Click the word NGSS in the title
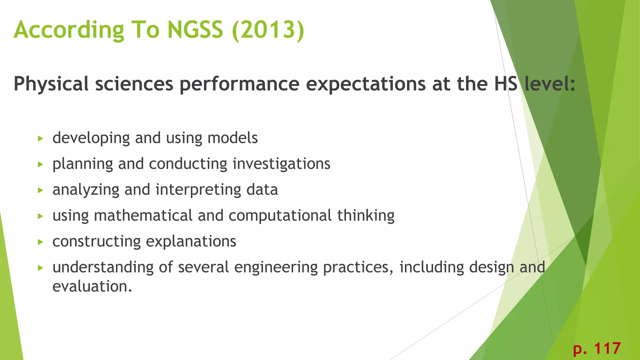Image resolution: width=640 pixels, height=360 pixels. coord(195,30)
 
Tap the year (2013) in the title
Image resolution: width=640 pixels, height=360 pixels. coord(268,30)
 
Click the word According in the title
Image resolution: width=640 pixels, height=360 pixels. coord(69,30)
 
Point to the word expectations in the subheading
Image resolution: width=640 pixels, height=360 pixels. coord(365,84)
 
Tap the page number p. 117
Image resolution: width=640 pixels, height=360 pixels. coord(597,348)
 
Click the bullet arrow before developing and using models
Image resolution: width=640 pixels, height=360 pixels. coord(40,138)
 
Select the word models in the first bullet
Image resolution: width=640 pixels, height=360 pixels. coord(232,138)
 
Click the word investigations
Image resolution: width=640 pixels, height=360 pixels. coord(281,164)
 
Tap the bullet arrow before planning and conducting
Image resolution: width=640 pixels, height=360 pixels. coord(40,164)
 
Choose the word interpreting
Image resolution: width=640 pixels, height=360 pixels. coord(198,190)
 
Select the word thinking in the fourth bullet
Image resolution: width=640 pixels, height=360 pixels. coord(366,216)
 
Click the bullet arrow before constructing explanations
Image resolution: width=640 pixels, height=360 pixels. coord(40,242)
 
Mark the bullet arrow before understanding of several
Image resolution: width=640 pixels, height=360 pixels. coord(40,268)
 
